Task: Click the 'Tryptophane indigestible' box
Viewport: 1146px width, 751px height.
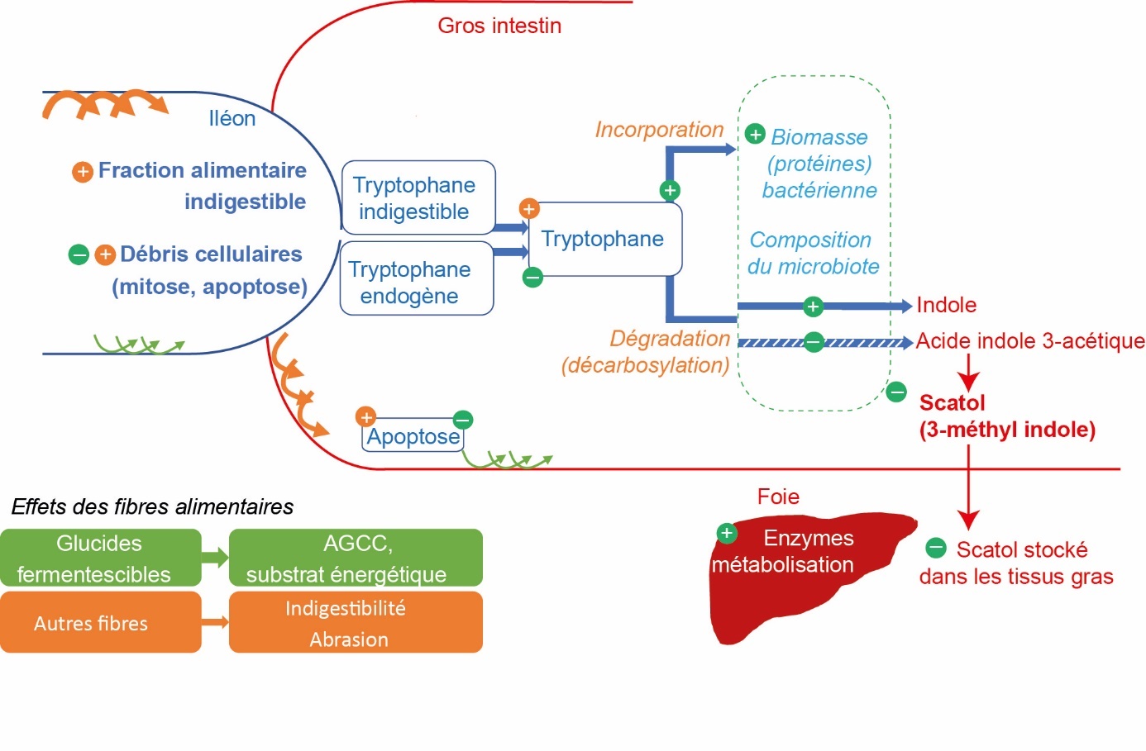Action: (x=418, y=198)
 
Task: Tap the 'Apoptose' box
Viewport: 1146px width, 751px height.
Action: (x=413, y=435)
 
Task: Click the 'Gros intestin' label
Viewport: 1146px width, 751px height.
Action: (x=499, y=26)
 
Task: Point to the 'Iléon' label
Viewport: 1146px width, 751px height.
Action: (x=232, y=119)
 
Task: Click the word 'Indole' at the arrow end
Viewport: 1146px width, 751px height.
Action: (x=946, y=305)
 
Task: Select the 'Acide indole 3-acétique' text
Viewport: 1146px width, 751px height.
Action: (x=1029, y=340)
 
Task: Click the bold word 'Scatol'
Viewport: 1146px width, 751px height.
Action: (x=952, y=403)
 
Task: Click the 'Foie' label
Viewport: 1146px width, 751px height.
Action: (x=778, y=497)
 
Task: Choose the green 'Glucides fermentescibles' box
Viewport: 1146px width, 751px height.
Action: (x=100, y=558)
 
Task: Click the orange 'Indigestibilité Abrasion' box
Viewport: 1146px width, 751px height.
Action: (x=356, y=622)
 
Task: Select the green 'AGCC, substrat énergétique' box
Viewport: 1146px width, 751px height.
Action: (x=356, y=558)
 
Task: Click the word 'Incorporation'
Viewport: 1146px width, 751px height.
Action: (x=659, y=130)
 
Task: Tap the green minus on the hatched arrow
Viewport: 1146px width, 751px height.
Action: (x=814, y=341)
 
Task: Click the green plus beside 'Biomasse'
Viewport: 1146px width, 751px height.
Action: (x=755, y=134)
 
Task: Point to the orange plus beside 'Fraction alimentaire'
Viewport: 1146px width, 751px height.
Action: (x=82, y=172)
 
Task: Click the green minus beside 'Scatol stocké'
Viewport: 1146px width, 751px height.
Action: (x=935, y=548)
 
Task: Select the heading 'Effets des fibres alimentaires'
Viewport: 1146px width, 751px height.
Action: (x=152, y=506)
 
